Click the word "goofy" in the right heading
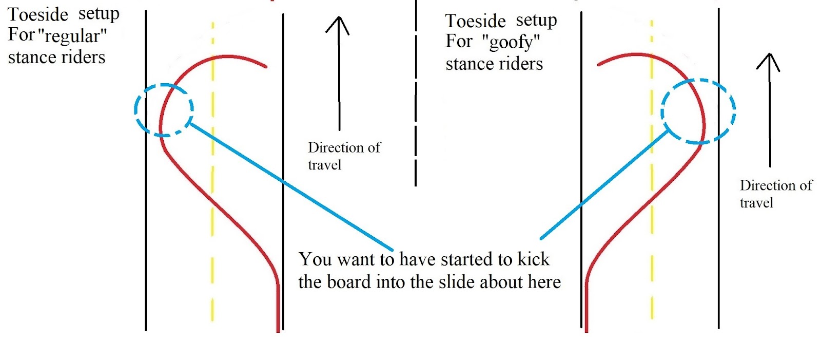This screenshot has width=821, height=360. [x=511, y=42]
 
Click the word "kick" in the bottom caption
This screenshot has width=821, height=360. [x=534, y=259]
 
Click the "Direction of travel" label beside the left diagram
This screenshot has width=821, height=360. [x=344, y=156]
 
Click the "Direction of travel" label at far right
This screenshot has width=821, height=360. [x=775, y=194]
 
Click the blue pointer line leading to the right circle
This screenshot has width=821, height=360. [x=605, y=185]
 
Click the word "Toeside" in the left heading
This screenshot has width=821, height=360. [x=38, y=14]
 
